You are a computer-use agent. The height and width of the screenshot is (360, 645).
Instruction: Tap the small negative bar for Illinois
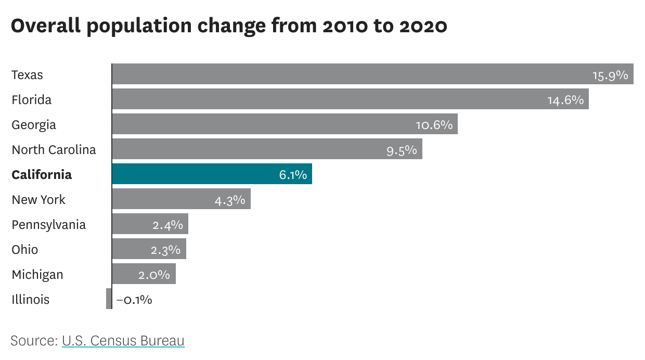[109, 299]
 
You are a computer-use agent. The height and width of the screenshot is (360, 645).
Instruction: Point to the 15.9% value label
[610, 75]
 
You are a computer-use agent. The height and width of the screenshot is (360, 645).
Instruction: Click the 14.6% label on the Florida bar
[565, 100]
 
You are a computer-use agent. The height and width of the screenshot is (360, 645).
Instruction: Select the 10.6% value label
[434, 125]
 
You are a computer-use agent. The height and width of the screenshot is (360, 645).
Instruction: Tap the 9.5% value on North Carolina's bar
[402, 150]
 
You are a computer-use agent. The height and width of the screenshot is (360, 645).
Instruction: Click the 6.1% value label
[293, 175]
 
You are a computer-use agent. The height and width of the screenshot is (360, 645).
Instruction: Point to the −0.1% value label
[134, 300]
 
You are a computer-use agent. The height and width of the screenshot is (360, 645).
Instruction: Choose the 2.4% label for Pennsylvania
[167, 225]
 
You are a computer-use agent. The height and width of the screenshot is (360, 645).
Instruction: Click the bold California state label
[42, 174]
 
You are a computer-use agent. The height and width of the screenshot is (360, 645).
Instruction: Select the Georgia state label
[34, 125]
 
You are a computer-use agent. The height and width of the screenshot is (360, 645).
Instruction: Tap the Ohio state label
[25, 250]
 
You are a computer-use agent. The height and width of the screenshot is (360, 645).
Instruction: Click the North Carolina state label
[54, 150]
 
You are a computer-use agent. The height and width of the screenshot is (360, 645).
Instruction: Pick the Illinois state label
[31, 300]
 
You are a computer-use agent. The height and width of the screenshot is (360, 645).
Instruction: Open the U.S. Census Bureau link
[123, 341]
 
